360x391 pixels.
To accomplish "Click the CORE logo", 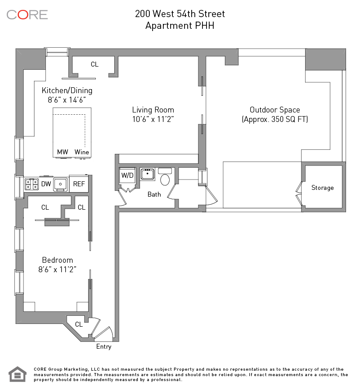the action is (x=27, y=15).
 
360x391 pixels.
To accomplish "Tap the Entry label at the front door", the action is (x=104, y=346).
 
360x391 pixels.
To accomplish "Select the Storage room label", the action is (x=322, y=188).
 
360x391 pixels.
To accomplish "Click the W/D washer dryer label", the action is (x=127, y=175).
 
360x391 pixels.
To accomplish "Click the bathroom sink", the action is (x=147, y=174).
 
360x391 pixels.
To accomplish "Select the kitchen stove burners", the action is (x=31, y=184).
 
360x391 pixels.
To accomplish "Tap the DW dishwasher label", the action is (x=46, y=184).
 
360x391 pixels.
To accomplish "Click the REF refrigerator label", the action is (x=79, y=184).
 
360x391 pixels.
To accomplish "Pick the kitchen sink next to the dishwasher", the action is (x=60, y=185).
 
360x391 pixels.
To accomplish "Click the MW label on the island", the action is (x=63, y=152).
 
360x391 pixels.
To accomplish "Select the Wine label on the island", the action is (x=82, y=152).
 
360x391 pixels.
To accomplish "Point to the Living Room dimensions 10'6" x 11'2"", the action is (x=153, y=119).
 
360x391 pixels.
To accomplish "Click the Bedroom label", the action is (x=58, y=260).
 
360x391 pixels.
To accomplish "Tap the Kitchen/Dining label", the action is (x=67, y=90).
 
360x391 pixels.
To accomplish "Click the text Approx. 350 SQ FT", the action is (x=275, y=119).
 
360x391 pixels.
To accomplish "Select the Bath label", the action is (x=154, y=194).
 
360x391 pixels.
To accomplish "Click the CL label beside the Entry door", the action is (x=79, y=324).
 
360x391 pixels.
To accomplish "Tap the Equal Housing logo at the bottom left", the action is (x=18, y=374).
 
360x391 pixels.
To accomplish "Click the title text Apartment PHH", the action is (x=180, y=26).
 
